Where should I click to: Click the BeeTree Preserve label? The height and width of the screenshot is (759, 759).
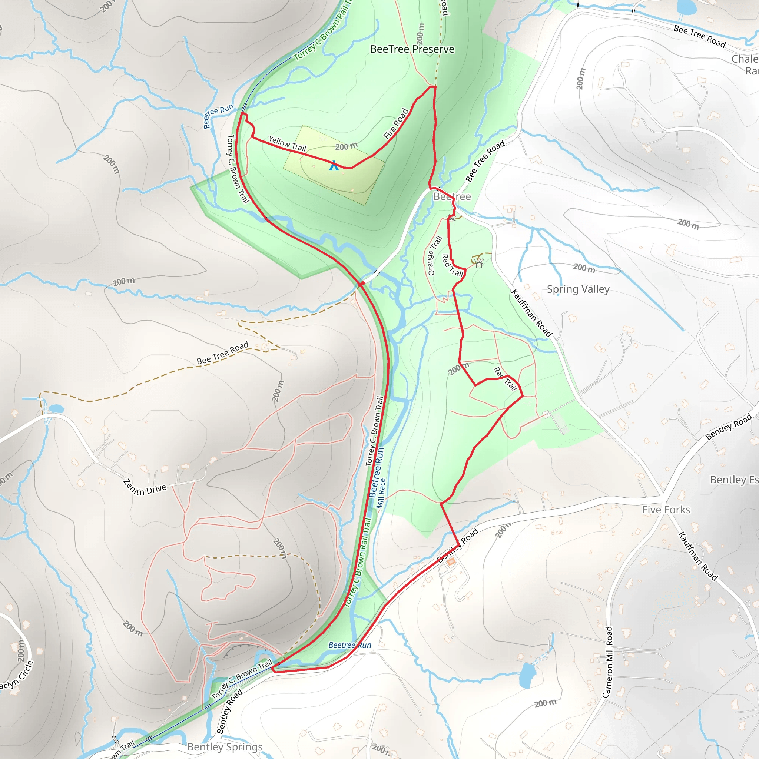pos(412,49)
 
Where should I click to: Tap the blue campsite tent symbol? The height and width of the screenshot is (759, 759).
pos(334,165)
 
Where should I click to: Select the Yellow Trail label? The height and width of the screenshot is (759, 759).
pos(287,144)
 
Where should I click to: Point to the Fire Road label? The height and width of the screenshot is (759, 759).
pos(396,124)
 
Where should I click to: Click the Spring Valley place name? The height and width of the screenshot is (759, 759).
pos(578,289)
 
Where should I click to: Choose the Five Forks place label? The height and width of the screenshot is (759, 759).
pos(666,510)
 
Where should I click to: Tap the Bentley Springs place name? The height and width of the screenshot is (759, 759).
pos(225,746)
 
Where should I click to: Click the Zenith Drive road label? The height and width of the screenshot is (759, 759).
pos(145,488)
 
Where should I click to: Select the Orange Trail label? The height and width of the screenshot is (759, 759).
pos(434,256)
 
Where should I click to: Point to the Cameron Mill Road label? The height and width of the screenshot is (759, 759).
pos(608,662)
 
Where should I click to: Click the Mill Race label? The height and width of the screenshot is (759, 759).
pos(381,493)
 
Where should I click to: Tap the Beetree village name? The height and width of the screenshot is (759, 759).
pos(452,196)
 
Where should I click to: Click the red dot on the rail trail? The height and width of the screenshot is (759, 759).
pos(362,283)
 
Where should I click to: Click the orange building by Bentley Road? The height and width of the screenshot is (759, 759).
pos(451,562)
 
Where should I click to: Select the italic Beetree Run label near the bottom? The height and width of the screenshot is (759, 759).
pos(349,645)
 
